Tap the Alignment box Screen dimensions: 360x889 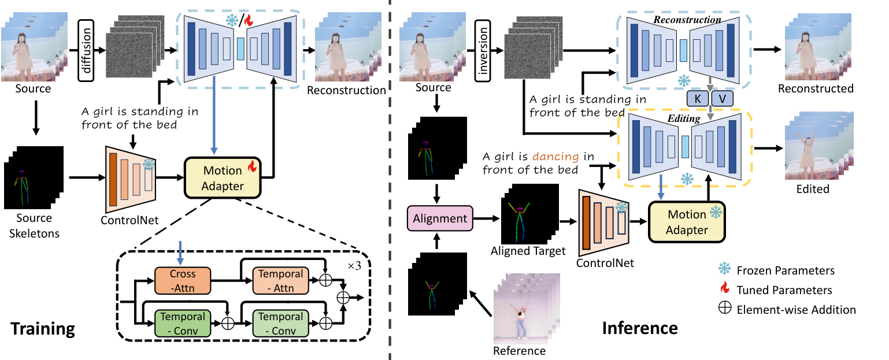pyautogui.click(x=439, y=219)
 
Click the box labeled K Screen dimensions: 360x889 pyautogui.click(x=698, y=99)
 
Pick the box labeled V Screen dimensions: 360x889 pyautogui.click(x=721, y=99)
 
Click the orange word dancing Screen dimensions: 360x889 pyautogui.click(x=555, y=156)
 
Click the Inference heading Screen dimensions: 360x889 pyautogui.click(x=640, y=328)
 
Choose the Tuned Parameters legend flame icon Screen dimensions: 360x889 pyautogui.click(x=725, y=290)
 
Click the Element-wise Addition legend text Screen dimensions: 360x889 pyautogui.click(x=796, y=310)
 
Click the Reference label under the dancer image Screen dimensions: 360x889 pyautogui.click(x=519, y=351)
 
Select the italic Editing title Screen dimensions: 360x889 pyautogui.click(x=684, y=118)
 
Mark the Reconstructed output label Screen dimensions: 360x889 pyautogui.click(x=815, y=88)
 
